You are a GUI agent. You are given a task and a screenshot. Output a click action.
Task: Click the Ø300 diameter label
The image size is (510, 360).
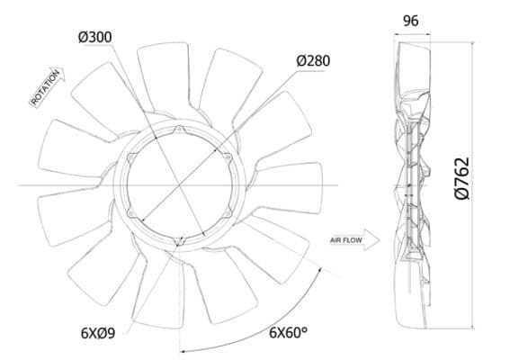(x=94, y=37)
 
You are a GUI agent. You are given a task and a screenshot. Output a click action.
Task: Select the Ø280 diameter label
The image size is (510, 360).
(x=312, y=60)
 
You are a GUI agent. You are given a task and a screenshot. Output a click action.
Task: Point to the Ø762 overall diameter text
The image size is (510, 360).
(x=462, y=177)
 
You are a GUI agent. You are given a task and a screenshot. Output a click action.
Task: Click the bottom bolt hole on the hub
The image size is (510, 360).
(x=182, y=240)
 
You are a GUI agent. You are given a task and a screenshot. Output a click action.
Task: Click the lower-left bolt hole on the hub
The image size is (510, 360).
(x=134, y=213)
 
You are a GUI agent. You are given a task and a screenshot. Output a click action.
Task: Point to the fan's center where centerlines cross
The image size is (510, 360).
(x=181, y=185)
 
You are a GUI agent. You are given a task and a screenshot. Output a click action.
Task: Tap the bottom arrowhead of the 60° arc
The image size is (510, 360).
(x=182, y=350)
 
